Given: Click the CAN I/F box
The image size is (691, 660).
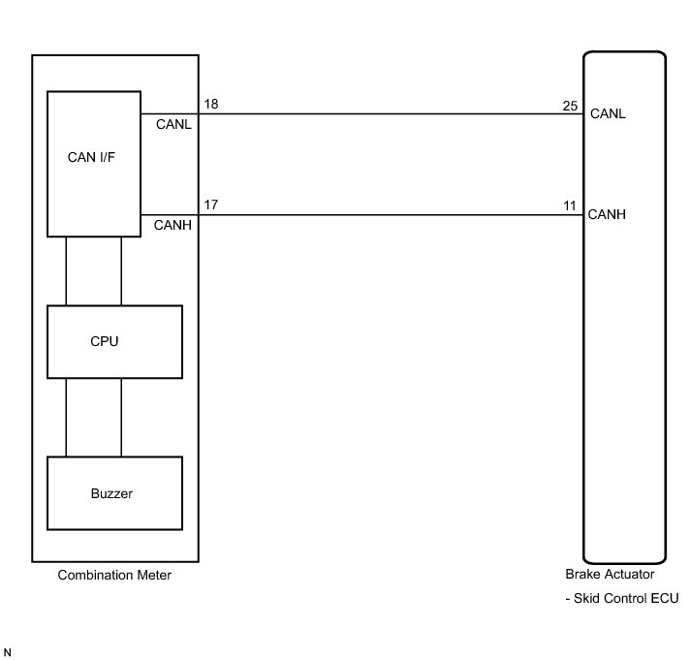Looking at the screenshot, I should [x=94, y=163].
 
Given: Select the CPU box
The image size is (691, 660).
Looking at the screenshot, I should [x=114, y=342].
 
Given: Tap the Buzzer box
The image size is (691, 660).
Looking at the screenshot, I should [x=114, y=493].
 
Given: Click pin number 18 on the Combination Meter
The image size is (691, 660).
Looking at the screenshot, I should [x=209, y=103].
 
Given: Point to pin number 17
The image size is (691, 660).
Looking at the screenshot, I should [x=209, y=204].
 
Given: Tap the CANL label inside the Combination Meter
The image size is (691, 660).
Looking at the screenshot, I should [x=173, y=124].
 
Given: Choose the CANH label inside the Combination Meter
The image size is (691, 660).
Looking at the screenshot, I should [x=173, y=226].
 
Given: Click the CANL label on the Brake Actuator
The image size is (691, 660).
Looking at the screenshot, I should [x=608, y=113].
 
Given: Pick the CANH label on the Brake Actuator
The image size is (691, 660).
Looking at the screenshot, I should [x=608, y=215].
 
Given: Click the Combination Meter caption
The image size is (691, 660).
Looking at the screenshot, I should [x=114, y=576].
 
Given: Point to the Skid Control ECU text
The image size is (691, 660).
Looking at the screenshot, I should [x=625, y=599].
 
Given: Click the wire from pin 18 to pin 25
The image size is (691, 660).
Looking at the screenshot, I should [x=388, y=113].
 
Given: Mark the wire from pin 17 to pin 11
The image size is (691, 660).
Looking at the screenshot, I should [x=388, y=215].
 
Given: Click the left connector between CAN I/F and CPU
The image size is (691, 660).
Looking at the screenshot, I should [x=66, y=270].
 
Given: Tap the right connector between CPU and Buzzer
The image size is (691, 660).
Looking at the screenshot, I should [x=122, y=417].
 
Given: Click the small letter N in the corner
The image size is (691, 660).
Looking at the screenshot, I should [x=9, y=651].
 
